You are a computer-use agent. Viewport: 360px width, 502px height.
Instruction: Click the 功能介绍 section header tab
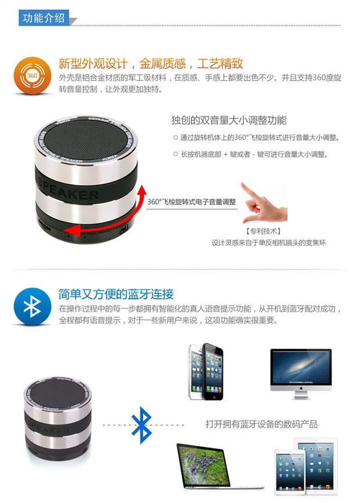tap(44, 18)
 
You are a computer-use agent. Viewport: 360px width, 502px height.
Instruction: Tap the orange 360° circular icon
tap(33, 76)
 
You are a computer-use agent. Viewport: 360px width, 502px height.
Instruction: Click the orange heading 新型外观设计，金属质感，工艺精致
tap(150, 64)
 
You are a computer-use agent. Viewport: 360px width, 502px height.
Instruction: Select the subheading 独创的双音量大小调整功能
tap(228, 120)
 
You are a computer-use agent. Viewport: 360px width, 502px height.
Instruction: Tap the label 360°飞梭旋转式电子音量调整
tap(192, 202)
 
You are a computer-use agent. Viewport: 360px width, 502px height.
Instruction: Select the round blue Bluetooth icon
tap(33, 307)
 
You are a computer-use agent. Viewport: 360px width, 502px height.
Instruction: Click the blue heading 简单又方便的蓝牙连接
tap(116, 294)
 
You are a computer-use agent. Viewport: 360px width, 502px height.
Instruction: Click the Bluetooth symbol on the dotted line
tap(141, 425)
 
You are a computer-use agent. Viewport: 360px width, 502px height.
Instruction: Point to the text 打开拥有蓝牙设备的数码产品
tap(261, 424)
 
